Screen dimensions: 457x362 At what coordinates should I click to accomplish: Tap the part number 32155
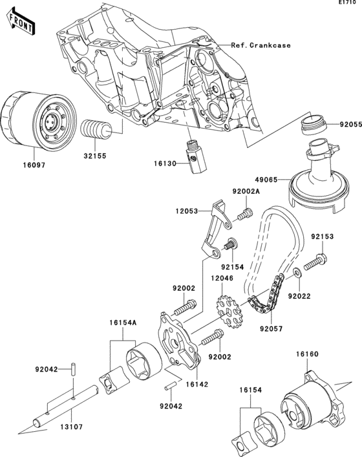tap(95, 156)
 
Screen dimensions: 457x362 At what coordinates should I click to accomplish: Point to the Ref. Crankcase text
tap(261, 45)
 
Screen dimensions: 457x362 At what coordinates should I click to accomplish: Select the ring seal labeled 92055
tap(317, 124)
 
